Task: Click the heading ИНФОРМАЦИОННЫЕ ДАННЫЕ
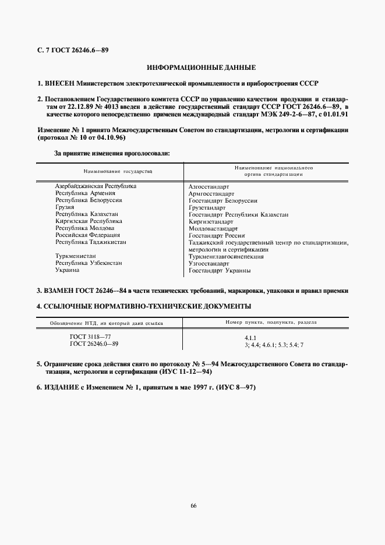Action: pos(193,68)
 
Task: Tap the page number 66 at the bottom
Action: pos(193,505)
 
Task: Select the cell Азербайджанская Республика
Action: pos(96,186)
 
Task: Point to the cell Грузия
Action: pos(65,207)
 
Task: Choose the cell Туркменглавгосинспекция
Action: pos(226,256)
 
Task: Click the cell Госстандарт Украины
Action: pos(220,270)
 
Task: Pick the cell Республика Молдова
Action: pos(84,228)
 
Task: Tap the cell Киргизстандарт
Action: pos(211,221)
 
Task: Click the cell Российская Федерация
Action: pos(87,235)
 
